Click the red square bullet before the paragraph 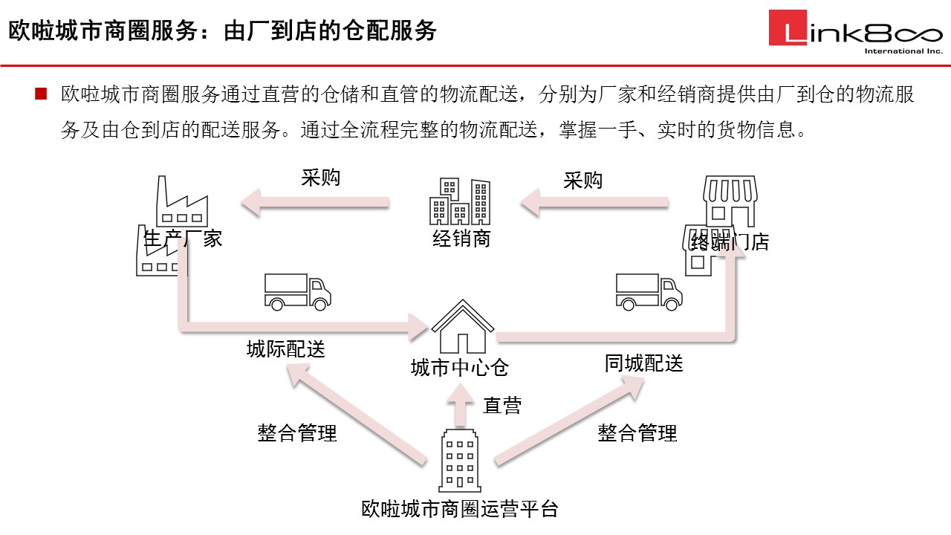pos(41,94)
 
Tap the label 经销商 pos(461,239)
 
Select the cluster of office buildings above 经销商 pos(460,201)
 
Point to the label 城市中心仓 pos(460,367)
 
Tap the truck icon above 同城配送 pos(649,291)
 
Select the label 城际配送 pos(286,348)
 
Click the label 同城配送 pos(643,363)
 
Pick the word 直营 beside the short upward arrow pos(502,405)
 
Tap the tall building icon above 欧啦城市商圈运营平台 pos(461,460)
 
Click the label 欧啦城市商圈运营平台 pos(460,509)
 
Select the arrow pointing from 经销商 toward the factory pos(315,202)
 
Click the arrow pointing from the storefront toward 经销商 pos(594,202)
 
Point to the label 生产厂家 pos(183,239)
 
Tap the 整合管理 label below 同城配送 pos(637,432)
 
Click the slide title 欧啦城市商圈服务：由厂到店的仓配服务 pos(222,31)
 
